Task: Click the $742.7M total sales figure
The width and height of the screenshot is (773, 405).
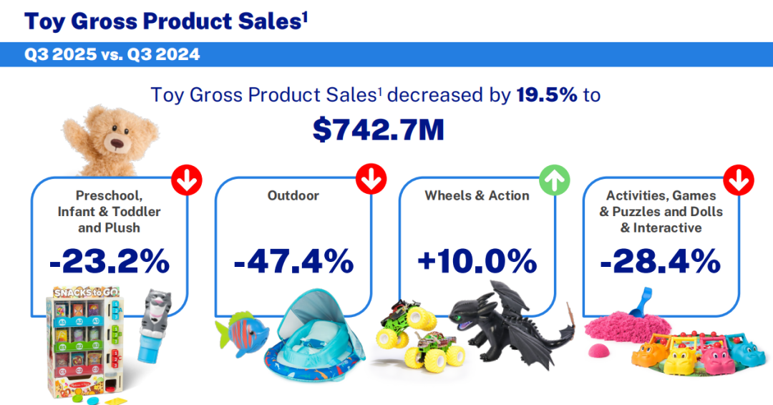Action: point(378,130)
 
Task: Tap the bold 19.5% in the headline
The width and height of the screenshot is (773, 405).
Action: point(547,94)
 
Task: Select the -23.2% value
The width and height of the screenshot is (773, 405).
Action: point(110,261)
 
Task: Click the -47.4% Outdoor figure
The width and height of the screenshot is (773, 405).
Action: point(294,261)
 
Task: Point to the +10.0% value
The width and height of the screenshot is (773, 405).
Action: point(477,261)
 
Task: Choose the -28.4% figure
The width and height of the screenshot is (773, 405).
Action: point(661,261)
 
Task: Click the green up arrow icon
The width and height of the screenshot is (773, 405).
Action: point(555,180)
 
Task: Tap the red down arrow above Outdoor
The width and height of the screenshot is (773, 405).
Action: point(371,179)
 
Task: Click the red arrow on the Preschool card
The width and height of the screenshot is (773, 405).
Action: point(187,180)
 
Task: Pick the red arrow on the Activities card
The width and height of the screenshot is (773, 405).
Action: point(739,180)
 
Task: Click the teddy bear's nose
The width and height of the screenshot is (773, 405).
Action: point(117,144)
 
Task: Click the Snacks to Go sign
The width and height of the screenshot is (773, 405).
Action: point(86,292)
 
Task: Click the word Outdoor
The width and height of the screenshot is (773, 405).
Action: point(293,195)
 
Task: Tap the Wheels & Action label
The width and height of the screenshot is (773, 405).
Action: point(477,195)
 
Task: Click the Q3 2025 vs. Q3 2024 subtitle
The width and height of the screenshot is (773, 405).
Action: point(112,54)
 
